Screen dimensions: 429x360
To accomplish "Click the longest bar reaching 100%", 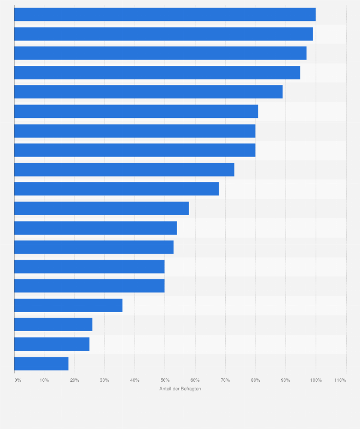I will pos(165,14).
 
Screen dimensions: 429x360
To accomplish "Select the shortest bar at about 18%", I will pos(41,364).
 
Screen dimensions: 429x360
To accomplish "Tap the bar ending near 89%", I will pos(148,92).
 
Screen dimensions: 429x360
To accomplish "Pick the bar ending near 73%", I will pos(124,169).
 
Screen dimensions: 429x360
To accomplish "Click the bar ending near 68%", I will pos(116,189).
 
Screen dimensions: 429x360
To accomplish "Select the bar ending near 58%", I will pos(101,209).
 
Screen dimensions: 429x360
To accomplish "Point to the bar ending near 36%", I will pos(68,305).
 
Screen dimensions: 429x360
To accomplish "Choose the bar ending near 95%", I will pos(157,73).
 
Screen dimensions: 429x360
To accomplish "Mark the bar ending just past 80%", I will pos(136,111).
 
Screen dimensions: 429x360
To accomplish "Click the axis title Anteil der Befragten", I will pos(180,389).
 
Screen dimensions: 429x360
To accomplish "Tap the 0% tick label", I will pos(18,380).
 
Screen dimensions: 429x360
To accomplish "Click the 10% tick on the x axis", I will pos(44,380).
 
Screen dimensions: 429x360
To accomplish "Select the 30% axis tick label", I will pos(105,380).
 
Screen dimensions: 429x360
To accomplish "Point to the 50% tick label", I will pos(165,380).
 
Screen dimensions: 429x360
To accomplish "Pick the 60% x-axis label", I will pos(195,380).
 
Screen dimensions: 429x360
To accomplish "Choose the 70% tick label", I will pos(225,380).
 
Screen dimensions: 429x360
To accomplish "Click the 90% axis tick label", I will pos(286,380).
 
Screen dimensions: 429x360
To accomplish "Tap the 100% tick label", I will pos(316,380).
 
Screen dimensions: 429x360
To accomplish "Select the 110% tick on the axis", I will pos(340,380).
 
